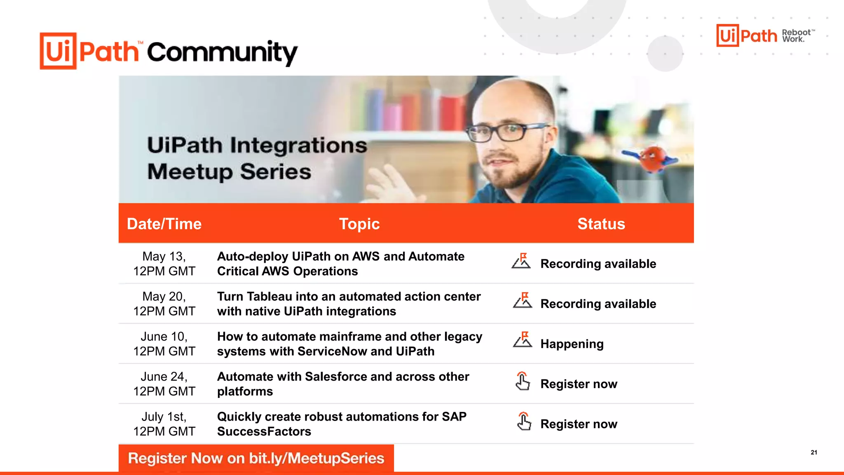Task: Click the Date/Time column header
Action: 164,224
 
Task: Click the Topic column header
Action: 359,224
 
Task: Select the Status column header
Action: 601,224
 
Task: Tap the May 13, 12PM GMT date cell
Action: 164,263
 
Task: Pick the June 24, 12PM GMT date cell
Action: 164,383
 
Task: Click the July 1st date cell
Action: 164,423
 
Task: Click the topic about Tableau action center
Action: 349,303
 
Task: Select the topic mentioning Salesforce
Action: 343,383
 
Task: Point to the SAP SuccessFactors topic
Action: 342,423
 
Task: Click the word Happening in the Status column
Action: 572,344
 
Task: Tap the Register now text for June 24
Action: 579,384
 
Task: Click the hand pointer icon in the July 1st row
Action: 524,421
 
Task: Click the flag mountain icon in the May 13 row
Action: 521,261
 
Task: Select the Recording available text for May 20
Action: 598,304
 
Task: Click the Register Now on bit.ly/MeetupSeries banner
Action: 256,458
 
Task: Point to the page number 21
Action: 814,452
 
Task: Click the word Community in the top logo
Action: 222,53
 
